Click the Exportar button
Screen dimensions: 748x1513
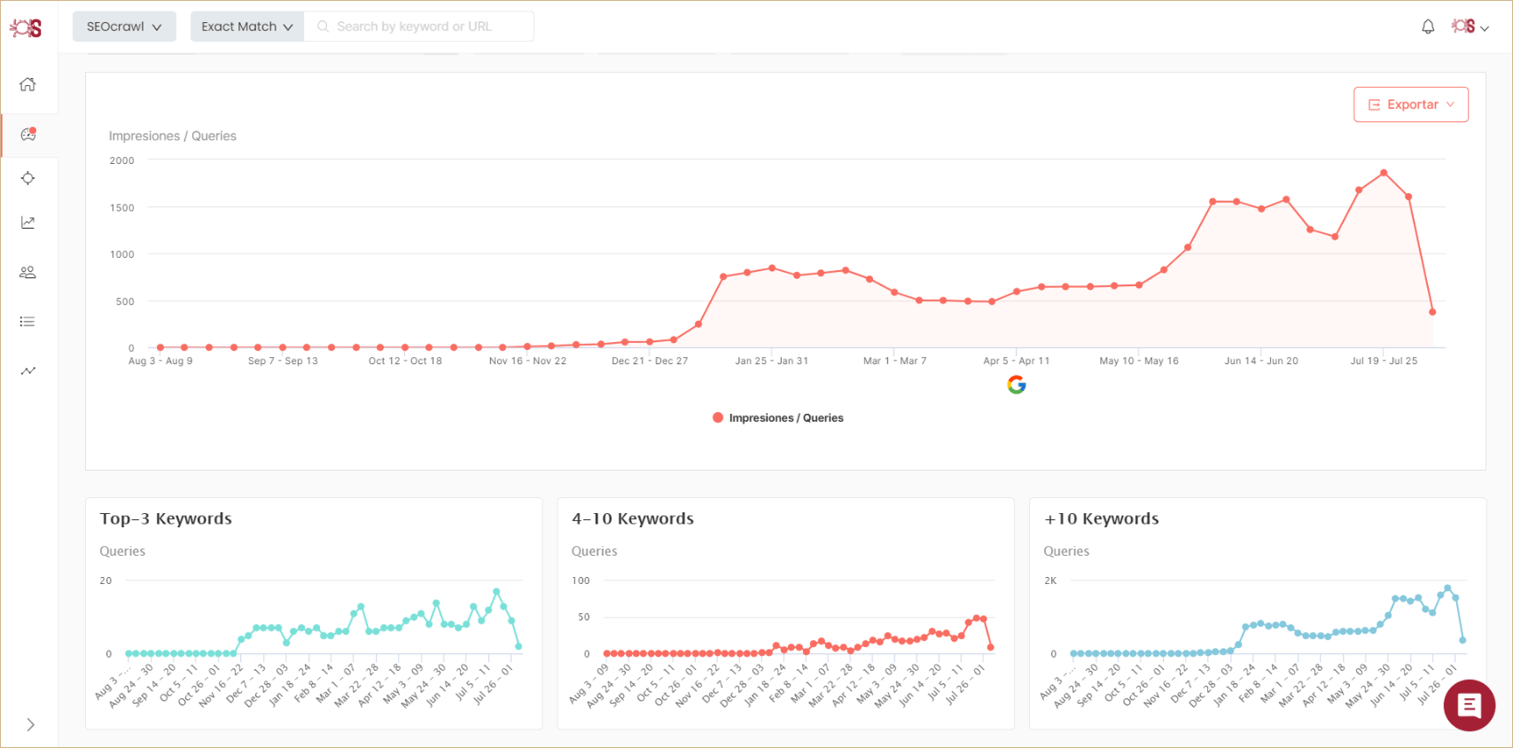1410,105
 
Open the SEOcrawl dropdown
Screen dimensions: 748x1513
124,27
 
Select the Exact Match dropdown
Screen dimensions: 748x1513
246,27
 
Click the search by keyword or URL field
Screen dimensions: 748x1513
417,27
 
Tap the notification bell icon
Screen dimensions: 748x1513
1428,27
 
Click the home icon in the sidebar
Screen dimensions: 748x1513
28,84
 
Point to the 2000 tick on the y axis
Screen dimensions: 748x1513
122,160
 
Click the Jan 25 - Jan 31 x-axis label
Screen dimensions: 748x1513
771,361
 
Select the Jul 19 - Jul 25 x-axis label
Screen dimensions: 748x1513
1384,361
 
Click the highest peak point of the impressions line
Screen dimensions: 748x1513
1384,173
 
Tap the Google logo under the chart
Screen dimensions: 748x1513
1017,385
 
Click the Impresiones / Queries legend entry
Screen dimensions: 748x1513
778,417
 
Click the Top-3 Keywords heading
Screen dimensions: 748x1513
166,518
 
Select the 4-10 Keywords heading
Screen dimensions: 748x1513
633,518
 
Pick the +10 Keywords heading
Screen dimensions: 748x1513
1102,518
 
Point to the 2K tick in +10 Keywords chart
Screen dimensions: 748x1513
1050,580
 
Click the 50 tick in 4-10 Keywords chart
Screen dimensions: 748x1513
583,617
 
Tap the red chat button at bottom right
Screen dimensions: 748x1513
1469,705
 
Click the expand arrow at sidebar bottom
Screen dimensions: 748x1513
30,725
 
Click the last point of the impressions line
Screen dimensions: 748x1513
1432,312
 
